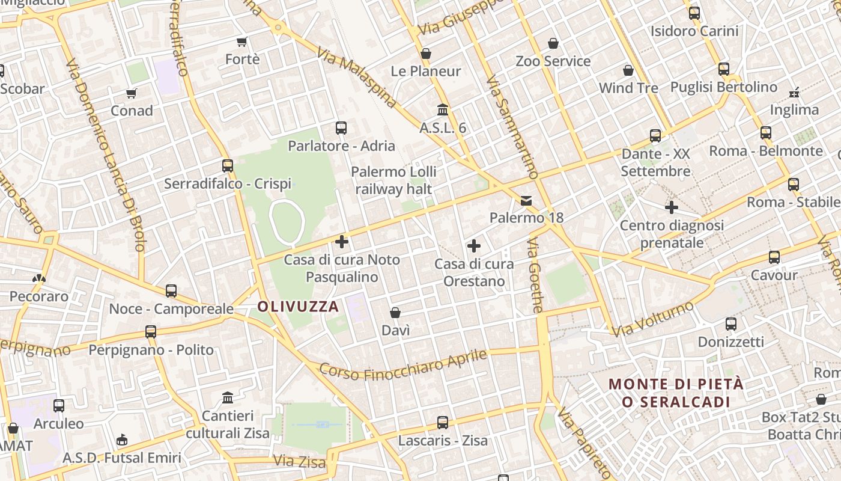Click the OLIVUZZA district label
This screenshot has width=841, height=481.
click(298, 307)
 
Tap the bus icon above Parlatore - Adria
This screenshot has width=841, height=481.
click(341, 127)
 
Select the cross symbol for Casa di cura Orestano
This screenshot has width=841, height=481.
click(474, 245)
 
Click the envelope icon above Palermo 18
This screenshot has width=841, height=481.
click(526, 200)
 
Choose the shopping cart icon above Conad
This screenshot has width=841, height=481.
click(132, 93)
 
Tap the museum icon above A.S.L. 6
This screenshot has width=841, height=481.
click(443, 110)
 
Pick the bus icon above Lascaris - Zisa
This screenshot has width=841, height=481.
click(443, 423)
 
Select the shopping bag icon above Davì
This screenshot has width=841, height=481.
click(395, 313)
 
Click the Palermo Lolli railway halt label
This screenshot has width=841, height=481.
click(393, 180)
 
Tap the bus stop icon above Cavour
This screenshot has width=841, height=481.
click(774, 257)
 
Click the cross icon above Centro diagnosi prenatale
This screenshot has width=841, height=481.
click(672, 207)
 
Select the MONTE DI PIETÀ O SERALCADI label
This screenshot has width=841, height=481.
click(676, 393)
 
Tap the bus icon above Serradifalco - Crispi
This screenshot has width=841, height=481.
click(228, 165)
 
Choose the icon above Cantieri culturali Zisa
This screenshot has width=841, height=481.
click(228, 397)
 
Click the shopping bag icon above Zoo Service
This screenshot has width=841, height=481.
click(553, 43)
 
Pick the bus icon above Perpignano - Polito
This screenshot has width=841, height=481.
click(151, 332)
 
